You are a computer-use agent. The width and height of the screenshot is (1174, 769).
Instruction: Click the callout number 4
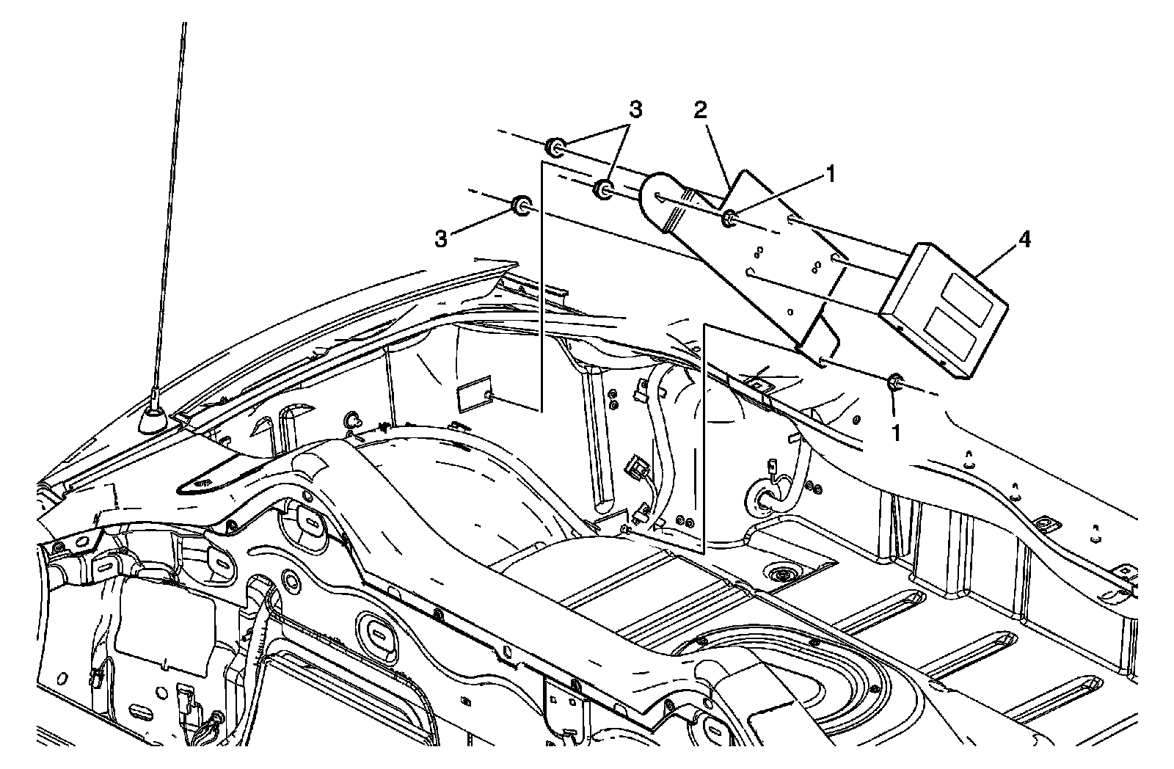pos(1024,240)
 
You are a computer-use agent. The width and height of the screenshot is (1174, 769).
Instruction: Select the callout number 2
pos(701,110)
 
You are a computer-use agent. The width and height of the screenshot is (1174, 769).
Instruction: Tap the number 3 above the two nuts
pos(635,110)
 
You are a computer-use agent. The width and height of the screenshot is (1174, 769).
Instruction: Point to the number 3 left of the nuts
pos(440,239)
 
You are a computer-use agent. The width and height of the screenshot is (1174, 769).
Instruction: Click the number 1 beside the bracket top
pos(830,174)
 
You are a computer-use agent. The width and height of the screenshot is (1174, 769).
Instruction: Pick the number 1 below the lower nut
pos(895,433)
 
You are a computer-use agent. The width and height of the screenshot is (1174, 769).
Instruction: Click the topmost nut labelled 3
pos(554,147)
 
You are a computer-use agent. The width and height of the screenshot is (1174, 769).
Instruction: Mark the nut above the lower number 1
pos(896,382)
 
